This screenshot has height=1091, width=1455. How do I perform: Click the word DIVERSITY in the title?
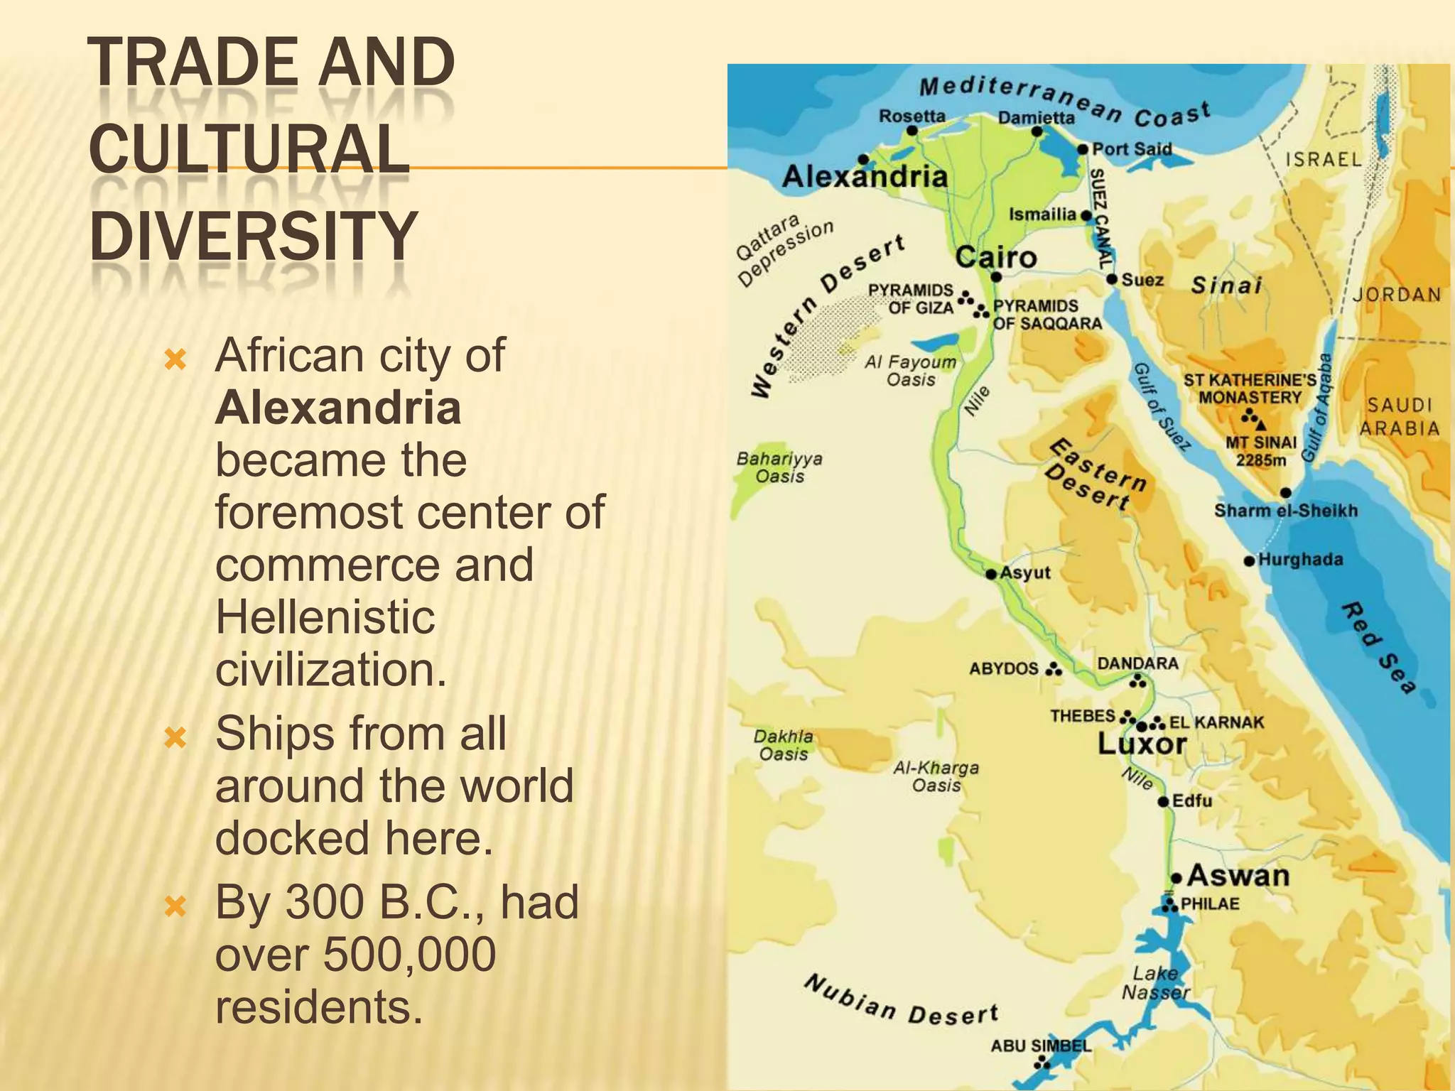coord(253,236)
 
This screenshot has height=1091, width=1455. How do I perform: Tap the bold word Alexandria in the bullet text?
coord(338,408)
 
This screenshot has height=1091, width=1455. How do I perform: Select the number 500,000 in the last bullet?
coord(410,954)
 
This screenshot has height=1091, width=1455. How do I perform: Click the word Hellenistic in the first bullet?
coord(325,617)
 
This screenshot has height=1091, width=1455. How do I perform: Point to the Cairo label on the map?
coord(995,257)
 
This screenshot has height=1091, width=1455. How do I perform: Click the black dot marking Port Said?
coord(1083,149)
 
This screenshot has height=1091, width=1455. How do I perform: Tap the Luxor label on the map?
coord(1142,744)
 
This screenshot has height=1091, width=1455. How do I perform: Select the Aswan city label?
coord(1238,876)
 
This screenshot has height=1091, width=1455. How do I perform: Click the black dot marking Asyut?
coord(991,574)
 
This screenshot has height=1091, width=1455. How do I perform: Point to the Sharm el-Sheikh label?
coord(1285,511)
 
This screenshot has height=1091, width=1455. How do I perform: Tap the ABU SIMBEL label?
coord(1040,1046)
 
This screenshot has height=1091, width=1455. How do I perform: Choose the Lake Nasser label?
coord(1155,983)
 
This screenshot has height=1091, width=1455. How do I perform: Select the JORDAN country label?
coord(1397,294)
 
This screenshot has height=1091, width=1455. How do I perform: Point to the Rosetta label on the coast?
coord(912,116)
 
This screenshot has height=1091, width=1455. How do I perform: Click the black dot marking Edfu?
coord(1163,802)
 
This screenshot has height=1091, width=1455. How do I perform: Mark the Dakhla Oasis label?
coord(783,745)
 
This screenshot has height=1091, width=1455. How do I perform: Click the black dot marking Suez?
coord(1113,279)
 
